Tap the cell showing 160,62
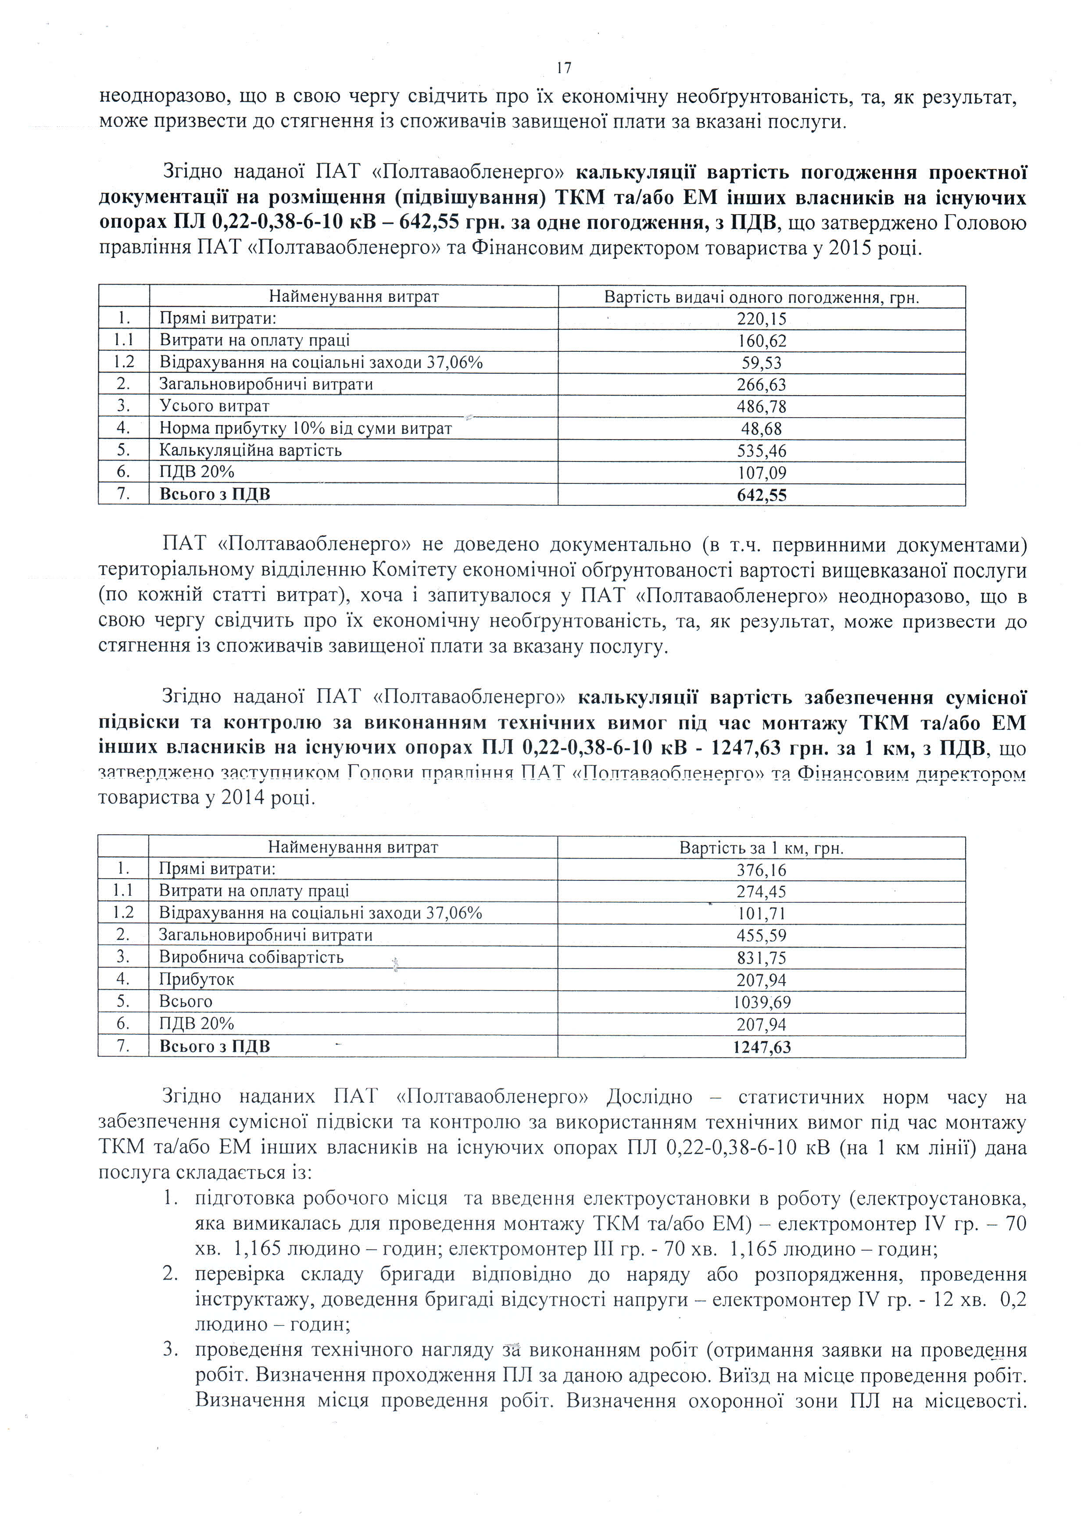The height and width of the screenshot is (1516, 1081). [762, 341]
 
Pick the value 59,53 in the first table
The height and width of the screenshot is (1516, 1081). [762, 363]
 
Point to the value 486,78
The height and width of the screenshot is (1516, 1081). [762, 407]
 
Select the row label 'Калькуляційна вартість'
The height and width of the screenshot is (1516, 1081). [250, 451]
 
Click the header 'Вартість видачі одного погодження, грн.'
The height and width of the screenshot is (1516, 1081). [762, 297]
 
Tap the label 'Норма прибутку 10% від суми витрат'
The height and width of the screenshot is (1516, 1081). [305, 429]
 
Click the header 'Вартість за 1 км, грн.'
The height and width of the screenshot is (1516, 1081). [762, 848]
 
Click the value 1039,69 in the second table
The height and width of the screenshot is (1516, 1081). [762, 1001]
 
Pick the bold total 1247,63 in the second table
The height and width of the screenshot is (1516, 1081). [762, 1047]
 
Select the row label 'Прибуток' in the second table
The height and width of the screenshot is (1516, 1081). [197, 979]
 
